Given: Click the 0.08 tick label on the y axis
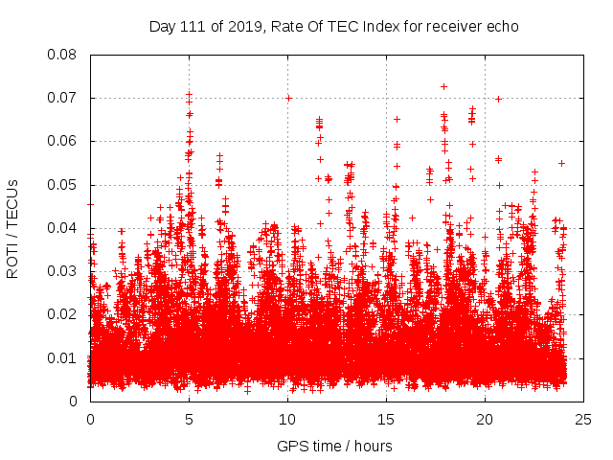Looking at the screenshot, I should [x=64, y=55].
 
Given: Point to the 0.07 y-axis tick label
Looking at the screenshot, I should [x=64, y=98].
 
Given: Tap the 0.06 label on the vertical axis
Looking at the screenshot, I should [x=64, y=141].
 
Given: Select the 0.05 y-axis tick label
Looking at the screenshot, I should [x=64, y=185].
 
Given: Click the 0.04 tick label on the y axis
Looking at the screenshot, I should [x=64, y=228].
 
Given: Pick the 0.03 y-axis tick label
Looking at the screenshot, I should [x=64, y=271].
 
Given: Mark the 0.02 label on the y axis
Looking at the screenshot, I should [x=64, y=314].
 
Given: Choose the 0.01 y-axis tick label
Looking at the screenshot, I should [x=64, y=358].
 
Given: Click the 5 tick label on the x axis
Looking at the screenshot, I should [x=189, y=419].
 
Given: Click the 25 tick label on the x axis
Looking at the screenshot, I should [x=583, y=419].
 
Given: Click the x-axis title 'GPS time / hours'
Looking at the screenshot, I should [x=334, y=446].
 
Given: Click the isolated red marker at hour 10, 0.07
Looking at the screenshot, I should [x=288, y=98].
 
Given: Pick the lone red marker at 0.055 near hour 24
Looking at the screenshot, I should [x=562, y=163].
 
